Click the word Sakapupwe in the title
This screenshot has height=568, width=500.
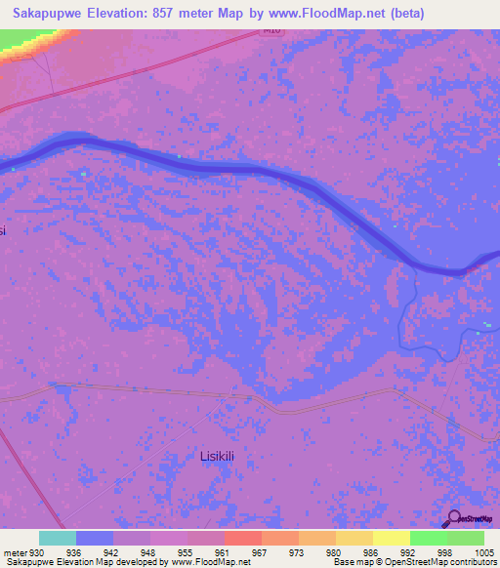tap(53, 13)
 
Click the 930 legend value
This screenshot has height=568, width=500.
tap(38, 551)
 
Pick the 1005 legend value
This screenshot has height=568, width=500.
tap(473, 551)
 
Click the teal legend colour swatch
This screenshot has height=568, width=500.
tap(58, 538)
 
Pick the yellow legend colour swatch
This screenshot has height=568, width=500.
tap(392, 538)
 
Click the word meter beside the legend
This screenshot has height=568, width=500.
tap(14, 551)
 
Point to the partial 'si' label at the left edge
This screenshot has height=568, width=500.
tap(3, 230)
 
